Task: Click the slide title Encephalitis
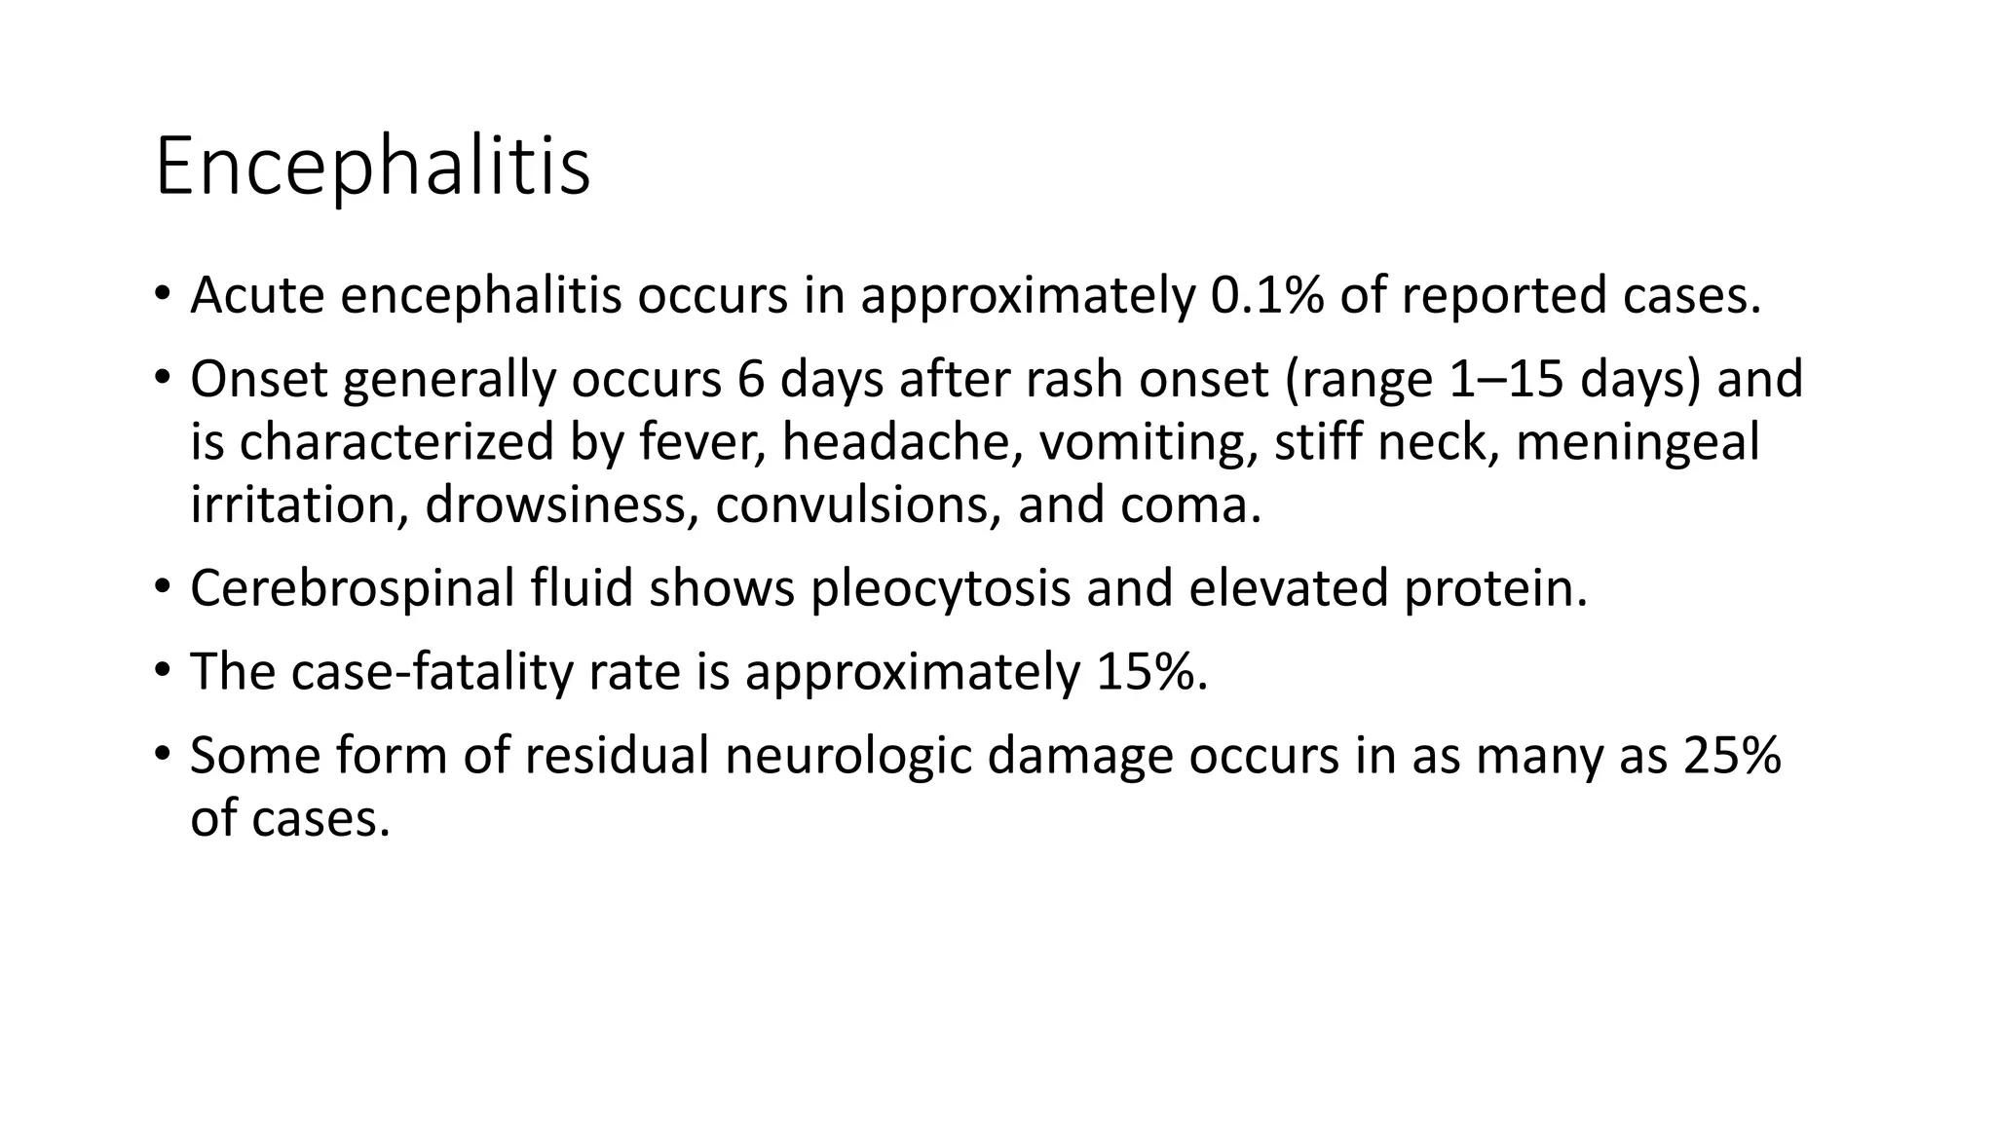[372, 167]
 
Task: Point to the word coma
[1189, 505]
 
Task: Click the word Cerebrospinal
[352, 588]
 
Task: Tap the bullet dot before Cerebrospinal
[162, 587]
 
